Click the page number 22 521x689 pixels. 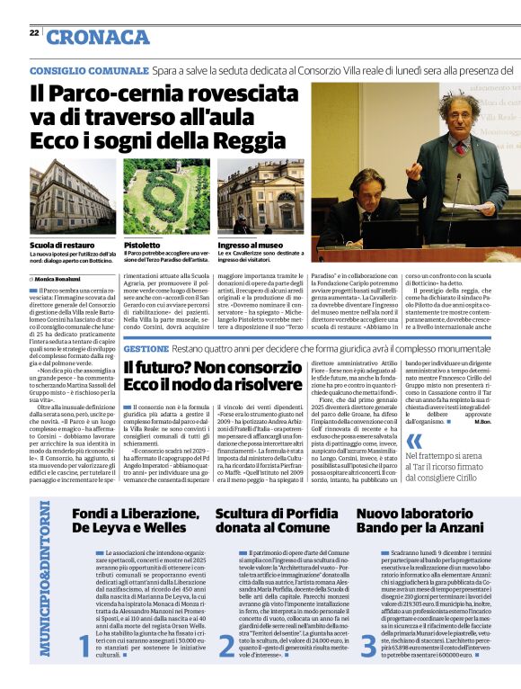click(x=34, y=32)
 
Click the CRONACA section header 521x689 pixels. click(x=97, y=37)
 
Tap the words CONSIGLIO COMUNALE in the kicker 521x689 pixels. click(x=88, y=70)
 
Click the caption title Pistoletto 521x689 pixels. click(x=143, y=245)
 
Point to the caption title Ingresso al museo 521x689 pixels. click(x=252, y=245)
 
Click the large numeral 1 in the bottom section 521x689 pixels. click(x=85, y=646)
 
